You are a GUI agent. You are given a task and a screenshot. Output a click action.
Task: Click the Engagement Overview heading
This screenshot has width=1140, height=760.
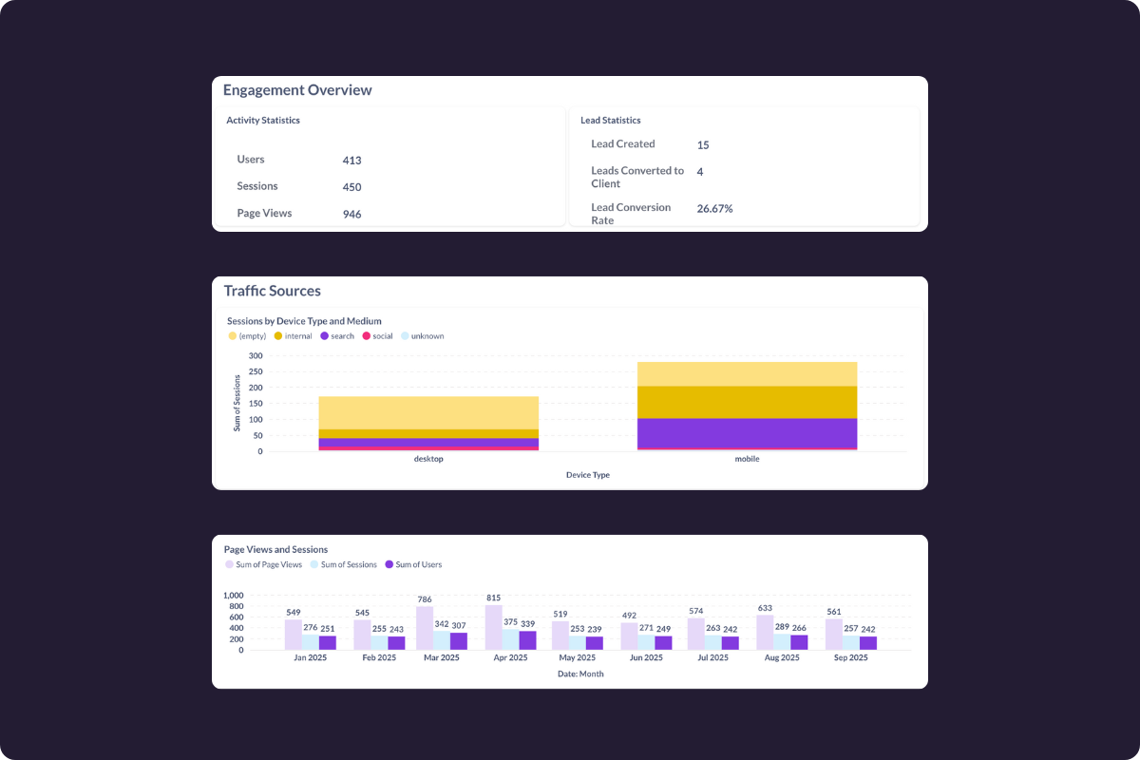297,90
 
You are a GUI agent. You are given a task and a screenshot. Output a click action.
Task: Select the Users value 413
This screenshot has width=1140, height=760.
351,161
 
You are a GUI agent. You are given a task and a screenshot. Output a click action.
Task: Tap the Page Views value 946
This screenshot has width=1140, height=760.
351,215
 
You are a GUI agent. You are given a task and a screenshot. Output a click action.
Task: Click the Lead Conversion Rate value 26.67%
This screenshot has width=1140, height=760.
714,208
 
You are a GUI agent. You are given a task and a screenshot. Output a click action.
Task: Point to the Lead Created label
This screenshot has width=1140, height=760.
622,144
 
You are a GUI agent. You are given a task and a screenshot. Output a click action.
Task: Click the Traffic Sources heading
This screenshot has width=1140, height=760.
272,291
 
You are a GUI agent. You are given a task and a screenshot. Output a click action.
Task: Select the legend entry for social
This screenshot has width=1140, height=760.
377,336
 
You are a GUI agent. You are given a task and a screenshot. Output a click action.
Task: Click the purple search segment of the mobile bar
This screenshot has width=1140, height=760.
747,432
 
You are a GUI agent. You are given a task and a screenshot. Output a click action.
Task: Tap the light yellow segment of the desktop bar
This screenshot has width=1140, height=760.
428,412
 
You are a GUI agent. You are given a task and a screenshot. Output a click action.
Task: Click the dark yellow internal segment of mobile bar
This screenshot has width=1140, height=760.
747,402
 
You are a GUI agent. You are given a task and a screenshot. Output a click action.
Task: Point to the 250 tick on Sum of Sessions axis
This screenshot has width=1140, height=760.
256,371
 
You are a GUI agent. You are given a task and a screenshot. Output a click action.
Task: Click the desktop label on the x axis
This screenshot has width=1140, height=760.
428,459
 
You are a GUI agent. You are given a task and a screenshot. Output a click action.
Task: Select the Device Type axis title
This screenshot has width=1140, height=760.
587,475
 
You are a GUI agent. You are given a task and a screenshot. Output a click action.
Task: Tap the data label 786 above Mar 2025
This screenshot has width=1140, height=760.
425,599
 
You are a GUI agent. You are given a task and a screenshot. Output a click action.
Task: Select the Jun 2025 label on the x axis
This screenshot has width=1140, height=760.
646,657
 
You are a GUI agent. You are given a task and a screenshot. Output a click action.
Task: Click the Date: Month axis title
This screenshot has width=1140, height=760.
579,674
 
